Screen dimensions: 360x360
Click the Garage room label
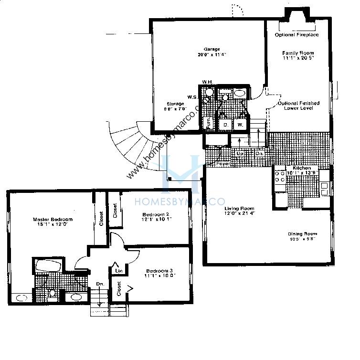(212, 49)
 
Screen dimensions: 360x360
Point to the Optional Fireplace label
(297, 35)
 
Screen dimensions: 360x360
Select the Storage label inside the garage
(175, 104)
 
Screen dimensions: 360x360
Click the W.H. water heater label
(207, 82)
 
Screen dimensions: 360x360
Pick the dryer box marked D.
(225, 125)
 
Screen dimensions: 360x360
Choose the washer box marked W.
(241, 125)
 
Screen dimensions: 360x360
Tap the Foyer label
(222, 164)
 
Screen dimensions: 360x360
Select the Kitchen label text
(302, 168)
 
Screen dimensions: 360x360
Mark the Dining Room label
(303, 233)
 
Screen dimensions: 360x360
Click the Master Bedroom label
(53, 220)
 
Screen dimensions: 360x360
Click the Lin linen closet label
(119, 271)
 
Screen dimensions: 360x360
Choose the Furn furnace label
(208, 122)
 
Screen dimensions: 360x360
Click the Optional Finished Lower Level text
(302, 106)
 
